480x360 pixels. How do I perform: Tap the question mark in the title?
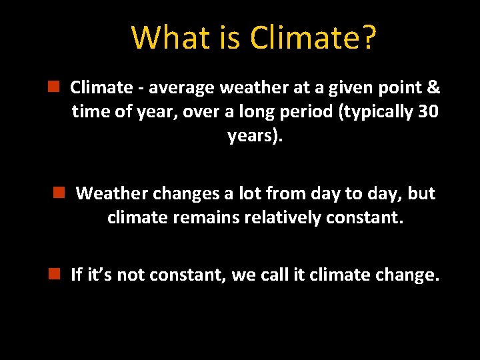click(x=369, y=38)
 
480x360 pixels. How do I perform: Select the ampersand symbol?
click(x=433, y=87)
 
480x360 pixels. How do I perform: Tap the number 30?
click(x=427, y=111)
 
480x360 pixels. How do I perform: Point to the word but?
click(x=421, y=193)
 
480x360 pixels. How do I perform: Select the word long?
click(x=262, y=112)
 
